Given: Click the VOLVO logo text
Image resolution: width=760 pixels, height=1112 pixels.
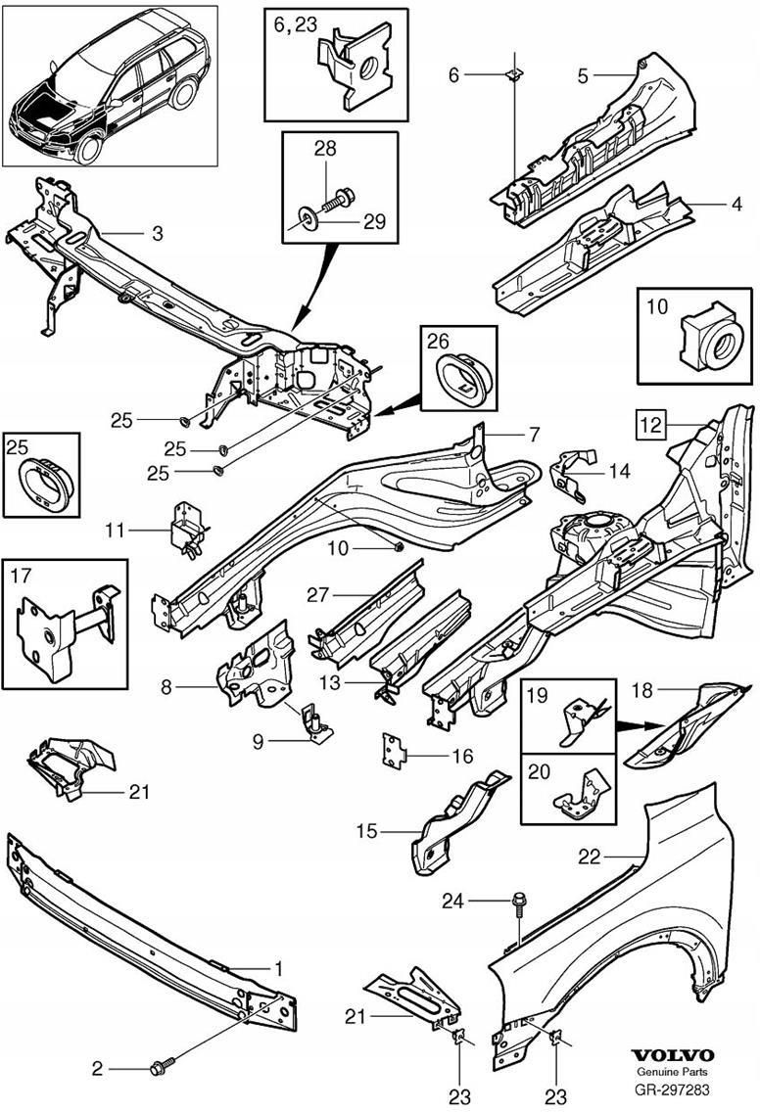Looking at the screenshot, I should point(672,1055).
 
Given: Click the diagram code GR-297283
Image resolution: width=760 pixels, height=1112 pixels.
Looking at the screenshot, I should point(672,1089).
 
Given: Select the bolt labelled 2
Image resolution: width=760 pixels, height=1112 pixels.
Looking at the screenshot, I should point(161,1066).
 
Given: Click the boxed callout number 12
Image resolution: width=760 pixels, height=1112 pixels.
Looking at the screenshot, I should point(649,425).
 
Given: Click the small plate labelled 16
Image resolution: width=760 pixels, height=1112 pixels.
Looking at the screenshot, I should point(394,749).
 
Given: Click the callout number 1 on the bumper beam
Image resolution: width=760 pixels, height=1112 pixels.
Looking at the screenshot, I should point(278,969).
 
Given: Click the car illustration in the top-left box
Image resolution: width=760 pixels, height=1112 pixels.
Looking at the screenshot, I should point(110,85).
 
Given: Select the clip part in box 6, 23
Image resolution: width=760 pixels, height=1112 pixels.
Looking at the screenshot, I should point(351,68).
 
